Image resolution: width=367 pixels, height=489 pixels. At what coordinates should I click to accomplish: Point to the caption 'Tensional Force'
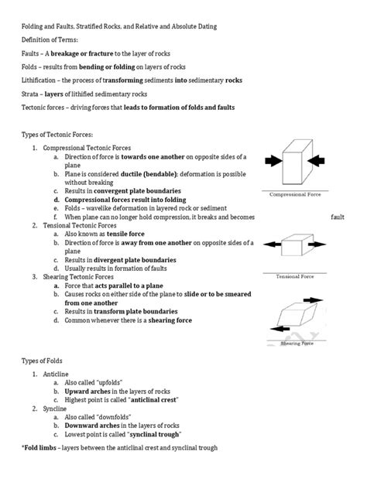[296, 275]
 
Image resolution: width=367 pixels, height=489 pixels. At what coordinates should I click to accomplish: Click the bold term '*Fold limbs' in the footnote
[37, 448]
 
